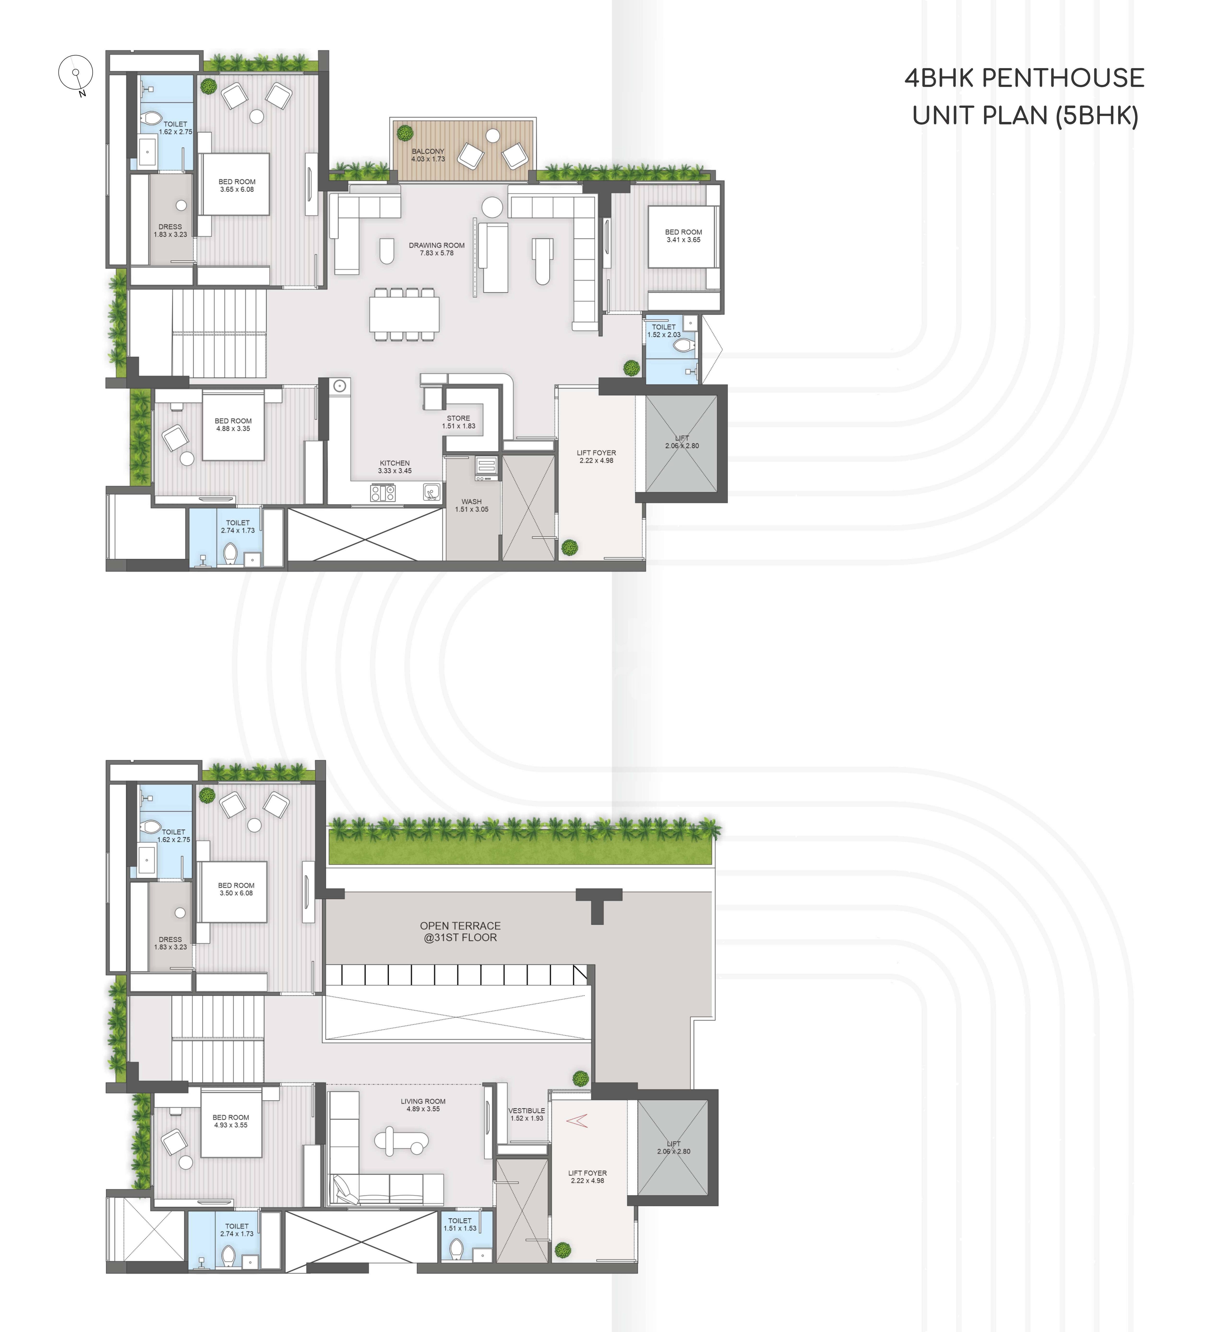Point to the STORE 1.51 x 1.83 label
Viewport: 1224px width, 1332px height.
[458, 422]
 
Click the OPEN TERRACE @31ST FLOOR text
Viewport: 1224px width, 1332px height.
[460, 931]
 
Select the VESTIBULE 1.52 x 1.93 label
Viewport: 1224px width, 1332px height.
[527, 1114]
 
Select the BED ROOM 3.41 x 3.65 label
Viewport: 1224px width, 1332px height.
[683, 236]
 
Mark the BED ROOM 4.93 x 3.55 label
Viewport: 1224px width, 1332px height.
[231, 1121]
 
